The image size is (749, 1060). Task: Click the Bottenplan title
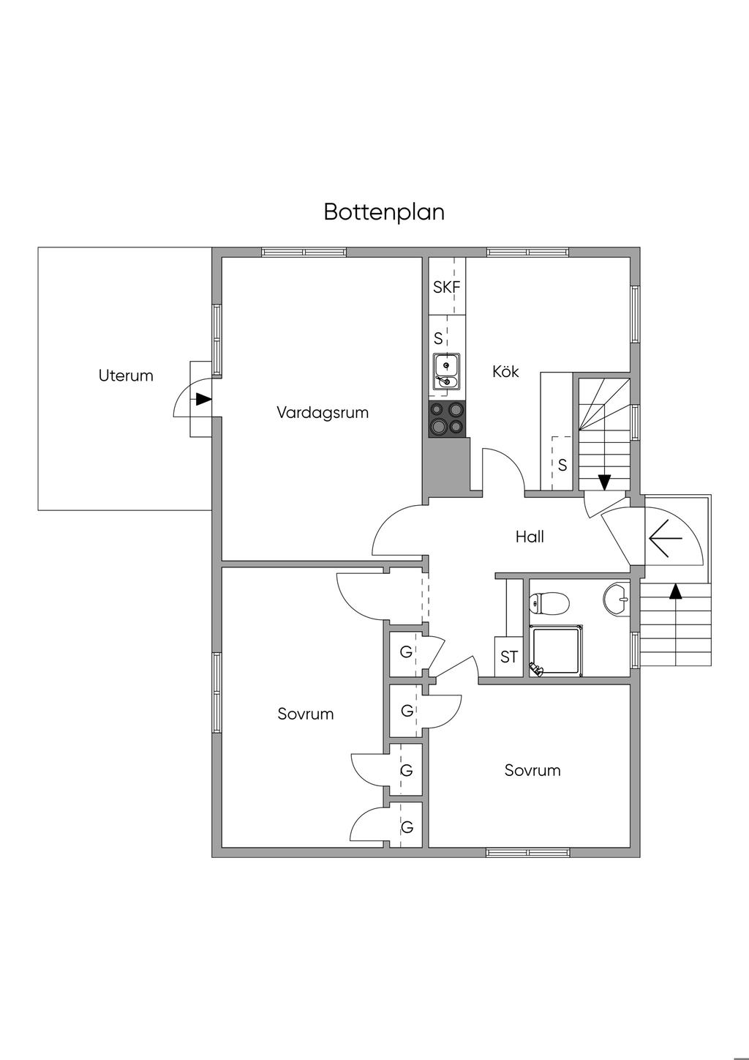(384, 212)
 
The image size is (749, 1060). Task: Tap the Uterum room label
(126, 376)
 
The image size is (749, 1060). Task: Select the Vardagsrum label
(322, 412)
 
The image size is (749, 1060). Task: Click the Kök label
(505, 372)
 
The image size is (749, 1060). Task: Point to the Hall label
(530, 537)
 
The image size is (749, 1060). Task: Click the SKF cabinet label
(447, 288)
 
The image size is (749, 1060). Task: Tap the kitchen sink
(445, 370)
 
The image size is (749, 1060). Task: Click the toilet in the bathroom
(549, 604)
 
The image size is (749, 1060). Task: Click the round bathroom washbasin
(618, 598)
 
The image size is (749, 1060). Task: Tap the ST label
(509, 657)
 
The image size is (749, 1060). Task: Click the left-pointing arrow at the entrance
(665, 538)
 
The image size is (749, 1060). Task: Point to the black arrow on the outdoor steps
(675, 591)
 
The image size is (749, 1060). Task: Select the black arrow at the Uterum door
(203, 400)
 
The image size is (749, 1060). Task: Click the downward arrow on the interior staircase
(604, 482)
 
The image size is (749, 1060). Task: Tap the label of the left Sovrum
(306, 714)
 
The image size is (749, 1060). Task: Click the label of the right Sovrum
(532, 770)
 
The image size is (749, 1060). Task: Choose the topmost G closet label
(406, 652)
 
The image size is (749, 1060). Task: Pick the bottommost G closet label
(407, 827)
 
